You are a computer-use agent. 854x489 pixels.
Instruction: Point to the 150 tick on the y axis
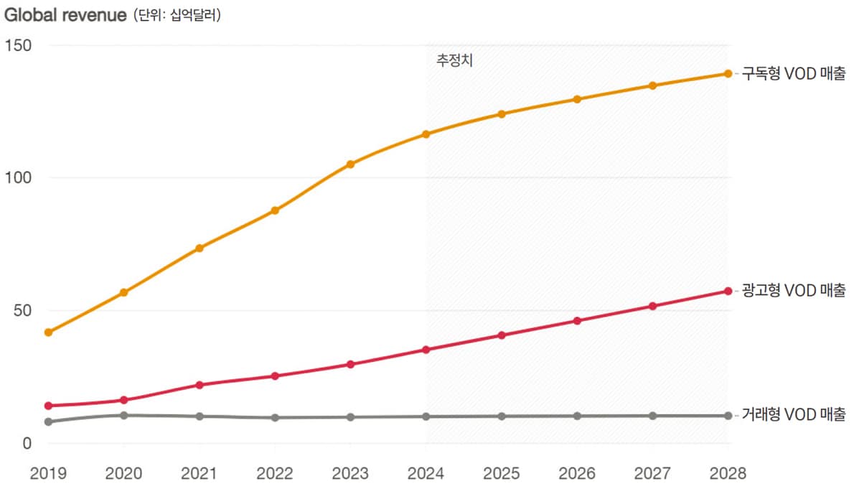click(x=17, y=45)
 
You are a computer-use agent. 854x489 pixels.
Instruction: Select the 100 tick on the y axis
click(x=17, y=177)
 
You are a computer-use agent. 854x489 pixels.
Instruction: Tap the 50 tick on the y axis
click(x=21, y=310)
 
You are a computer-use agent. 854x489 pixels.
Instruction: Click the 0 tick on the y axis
click(x=27, y=443)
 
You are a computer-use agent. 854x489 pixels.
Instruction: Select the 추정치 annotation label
click(x=454, y=60)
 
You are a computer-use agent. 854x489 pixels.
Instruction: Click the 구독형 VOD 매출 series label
click(x=793, y=73)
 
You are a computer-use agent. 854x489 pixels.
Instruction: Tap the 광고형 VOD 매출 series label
click(x=793, y=291)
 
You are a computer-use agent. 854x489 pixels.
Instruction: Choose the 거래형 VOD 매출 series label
click(x=793, y=415)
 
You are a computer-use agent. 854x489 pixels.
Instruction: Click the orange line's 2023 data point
click(x=350, y=164)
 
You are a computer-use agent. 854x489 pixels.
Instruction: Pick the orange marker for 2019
click(x=48, y=332)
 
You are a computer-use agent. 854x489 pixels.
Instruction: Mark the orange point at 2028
click(x=728, y=73)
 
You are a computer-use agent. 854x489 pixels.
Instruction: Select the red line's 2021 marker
click(x=200, y=385)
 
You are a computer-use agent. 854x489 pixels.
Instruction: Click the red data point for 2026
click(x=577, y=320)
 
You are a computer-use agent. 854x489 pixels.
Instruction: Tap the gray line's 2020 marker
click(x=123, y=415)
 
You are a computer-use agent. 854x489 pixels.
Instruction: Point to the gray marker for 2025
click(x=502, y=416)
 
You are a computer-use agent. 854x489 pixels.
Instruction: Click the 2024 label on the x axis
click(x=426, y=474)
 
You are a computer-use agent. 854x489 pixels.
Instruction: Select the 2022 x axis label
click(x=275, y=474)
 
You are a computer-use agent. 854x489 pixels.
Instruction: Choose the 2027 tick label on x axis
click(x=652, y=474)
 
